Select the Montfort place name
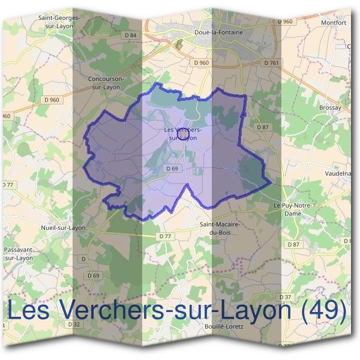[334, 23]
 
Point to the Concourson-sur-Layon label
[104, 82]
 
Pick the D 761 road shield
[271, 62]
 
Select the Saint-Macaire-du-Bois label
[220, 228]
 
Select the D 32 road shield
[74, 324]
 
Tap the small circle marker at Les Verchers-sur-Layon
[182, 128]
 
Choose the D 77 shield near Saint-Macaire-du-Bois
[166, 236]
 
